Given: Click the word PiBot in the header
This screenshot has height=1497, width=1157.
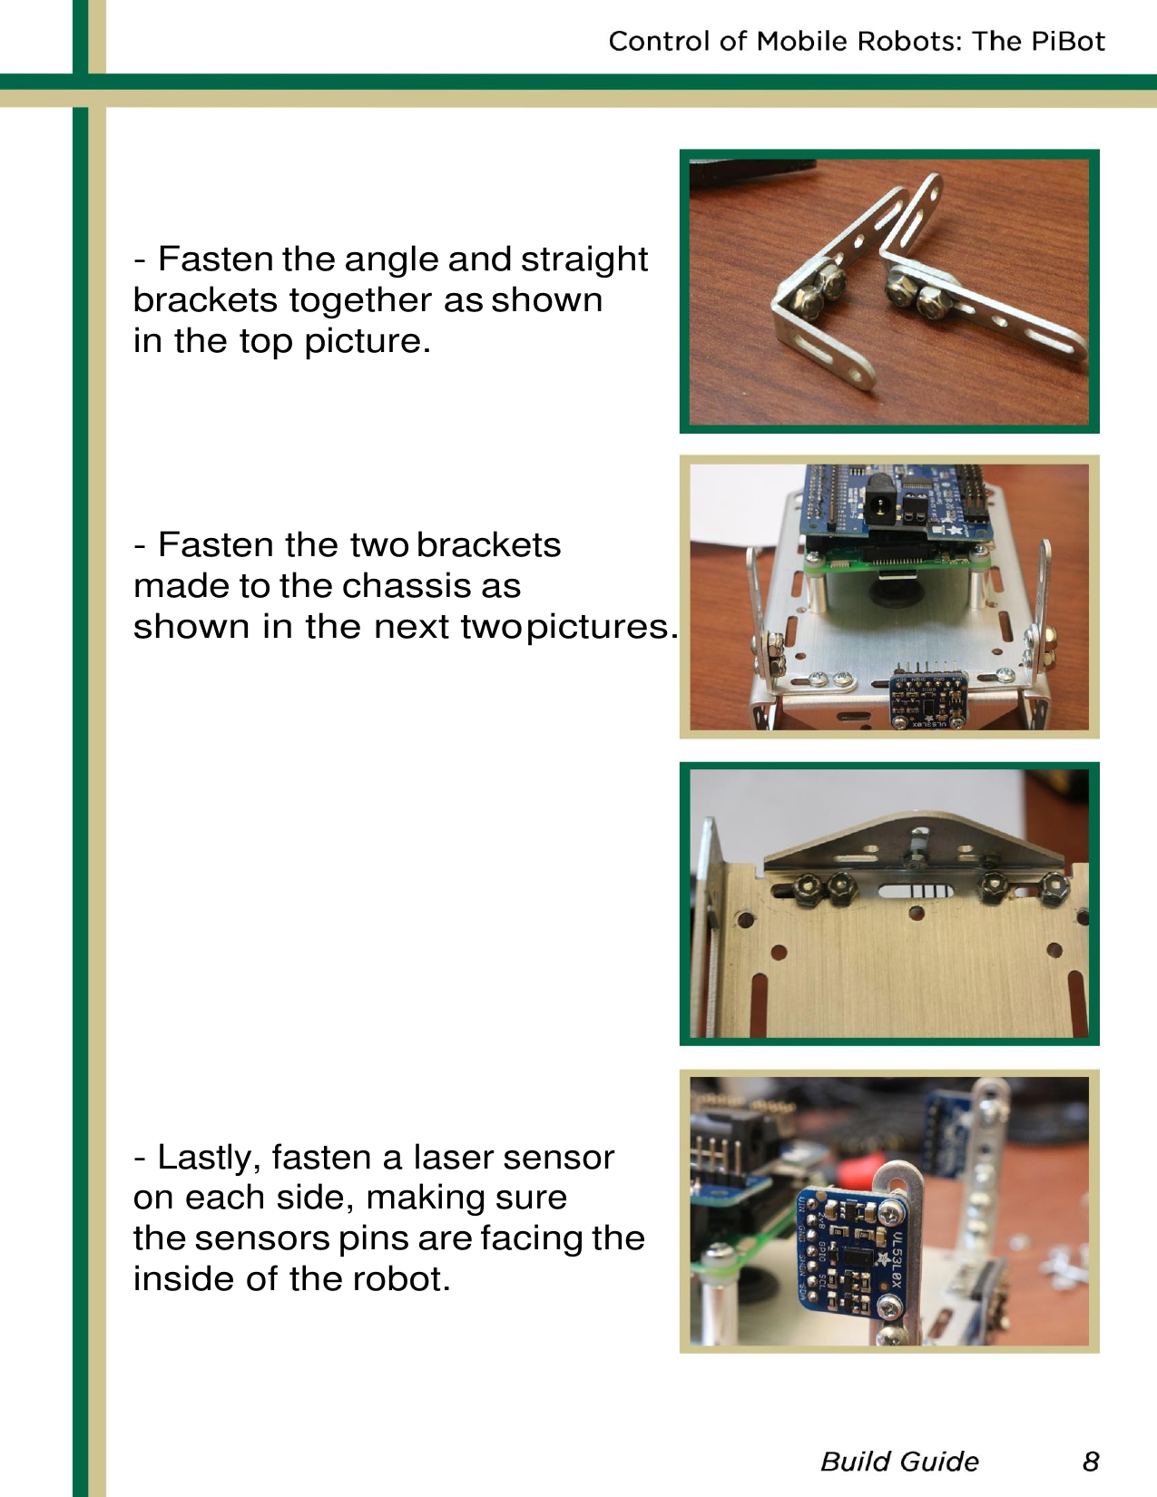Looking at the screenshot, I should pos(1066,41).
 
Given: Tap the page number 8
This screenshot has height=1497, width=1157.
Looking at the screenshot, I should pos(1091,1461).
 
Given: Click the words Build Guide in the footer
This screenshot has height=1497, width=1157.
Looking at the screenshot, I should pos(899,1461).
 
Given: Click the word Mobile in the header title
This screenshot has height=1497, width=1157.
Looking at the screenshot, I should pos(801,41).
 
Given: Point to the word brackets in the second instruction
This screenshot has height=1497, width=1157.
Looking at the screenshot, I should pos(489,545).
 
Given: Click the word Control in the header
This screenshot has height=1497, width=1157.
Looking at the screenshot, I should pos(660,41).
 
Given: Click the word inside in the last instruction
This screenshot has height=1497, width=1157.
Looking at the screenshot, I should pos(184,1279).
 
